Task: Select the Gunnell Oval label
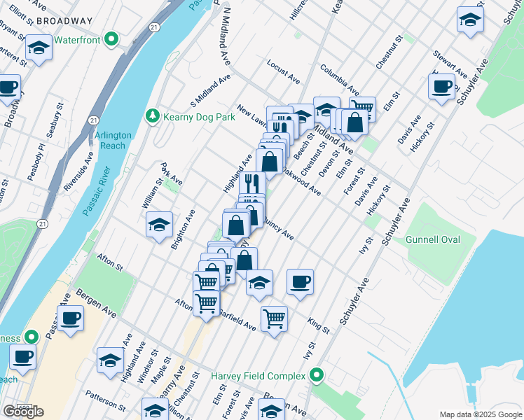tap(432, 240)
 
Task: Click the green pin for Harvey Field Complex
tap(316, 377)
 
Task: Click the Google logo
tap(23, 412)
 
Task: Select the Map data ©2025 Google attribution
tap(480, 414)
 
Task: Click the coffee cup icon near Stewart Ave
tap(441, 87)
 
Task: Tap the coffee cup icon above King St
tap(300, 282)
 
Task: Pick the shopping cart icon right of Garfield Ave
tap(274, 318)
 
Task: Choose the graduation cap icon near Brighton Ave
tap(160, 225)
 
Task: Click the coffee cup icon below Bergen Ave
tap(69, 319)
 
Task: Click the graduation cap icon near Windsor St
tap(111, 360)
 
